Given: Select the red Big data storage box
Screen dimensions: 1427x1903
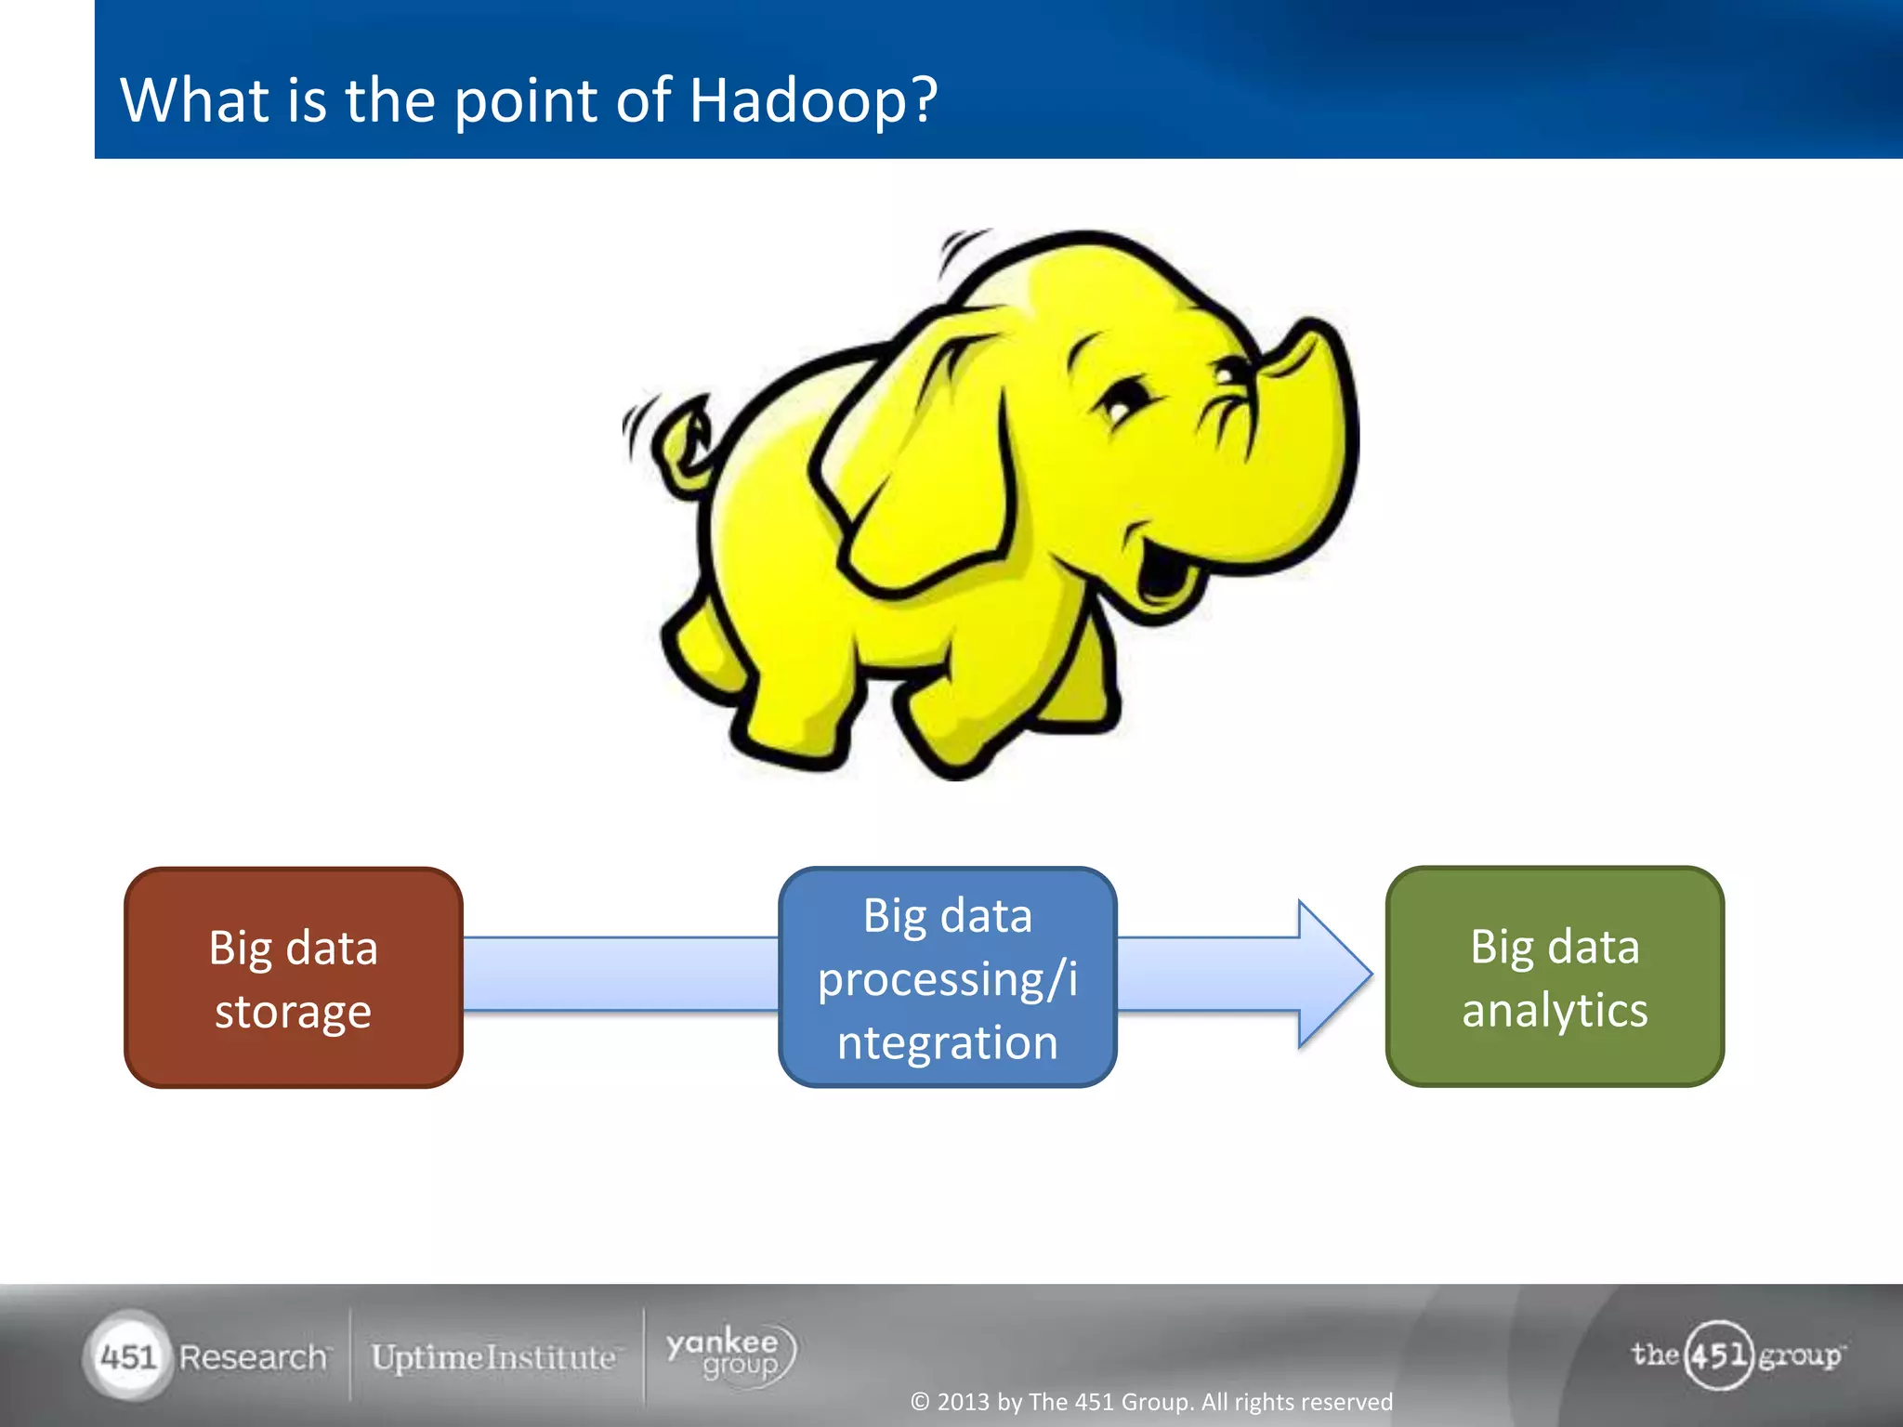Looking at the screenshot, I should pyautogui.click(x=294, y=977).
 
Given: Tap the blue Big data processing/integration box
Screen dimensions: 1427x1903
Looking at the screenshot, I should pyautogui.click(x=947, y=977).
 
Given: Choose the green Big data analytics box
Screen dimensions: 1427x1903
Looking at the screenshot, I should pyautogui.click(x=1555, y=976).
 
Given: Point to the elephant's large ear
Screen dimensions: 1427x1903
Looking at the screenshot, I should pyautogui.click(x=920, y=465).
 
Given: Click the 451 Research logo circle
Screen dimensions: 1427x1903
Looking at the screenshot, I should pyautogui.click(x=127, y=1356).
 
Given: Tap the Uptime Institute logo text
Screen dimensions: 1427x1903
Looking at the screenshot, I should pyautogui.click(x=493, y=1357).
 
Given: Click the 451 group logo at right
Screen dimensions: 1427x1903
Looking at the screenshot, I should pyautogui.click(x=1736, y=1355).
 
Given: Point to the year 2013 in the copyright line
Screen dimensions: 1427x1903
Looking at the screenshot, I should pyautogui.click(x=964, y=1402).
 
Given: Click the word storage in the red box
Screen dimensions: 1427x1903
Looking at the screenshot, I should pyautogui.click(x=293, y=1011).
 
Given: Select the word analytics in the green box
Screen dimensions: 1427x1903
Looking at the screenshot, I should pyautogui.click(x=1555, y=1010).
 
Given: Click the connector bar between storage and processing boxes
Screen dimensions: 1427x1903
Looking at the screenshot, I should pyautogui.click(x=621, y=974).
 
